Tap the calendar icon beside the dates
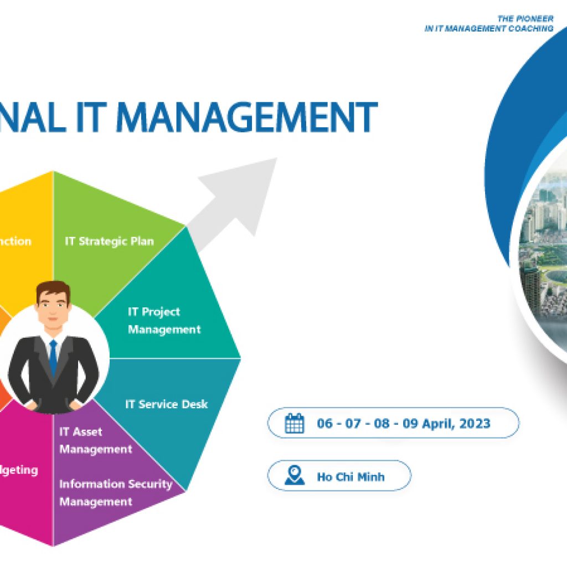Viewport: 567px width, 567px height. click(x=294, y=424)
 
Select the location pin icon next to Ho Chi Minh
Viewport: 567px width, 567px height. click(x=294, y=476)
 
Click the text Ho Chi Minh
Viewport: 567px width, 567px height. click(x=350, y=477)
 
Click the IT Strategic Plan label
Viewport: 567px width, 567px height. click(x=109, y=241)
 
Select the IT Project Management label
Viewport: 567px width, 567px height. click(x=164, y=321)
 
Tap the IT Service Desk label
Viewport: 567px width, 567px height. click(x=166, y=404)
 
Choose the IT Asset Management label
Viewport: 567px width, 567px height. click(x=95, y=440)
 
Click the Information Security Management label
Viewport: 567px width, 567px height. click(x=115, y=493)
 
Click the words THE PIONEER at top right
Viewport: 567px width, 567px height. click(x=525, y=19)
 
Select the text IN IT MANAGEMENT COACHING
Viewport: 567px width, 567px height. click(x=488, y=28)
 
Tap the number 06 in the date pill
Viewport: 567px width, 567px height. click(x=324, y=424)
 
